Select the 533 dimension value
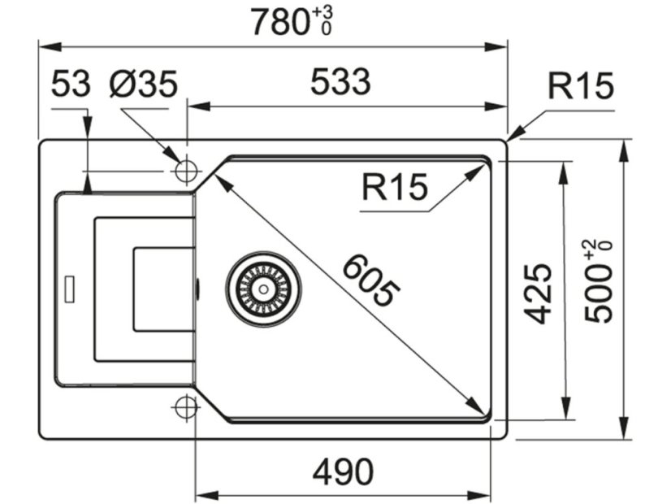pos(340,82)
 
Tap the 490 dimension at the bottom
pos(344,471)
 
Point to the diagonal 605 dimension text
pos(370,281)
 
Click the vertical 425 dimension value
pos(537,293)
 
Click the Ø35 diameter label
pos(143,85)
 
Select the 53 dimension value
pos(71,85)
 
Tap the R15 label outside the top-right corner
pos(580,85)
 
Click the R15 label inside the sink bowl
pos(394,188)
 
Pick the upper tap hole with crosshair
pos(187,172)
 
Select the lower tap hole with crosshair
pos(186,406)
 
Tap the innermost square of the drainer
pos(163,289)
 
